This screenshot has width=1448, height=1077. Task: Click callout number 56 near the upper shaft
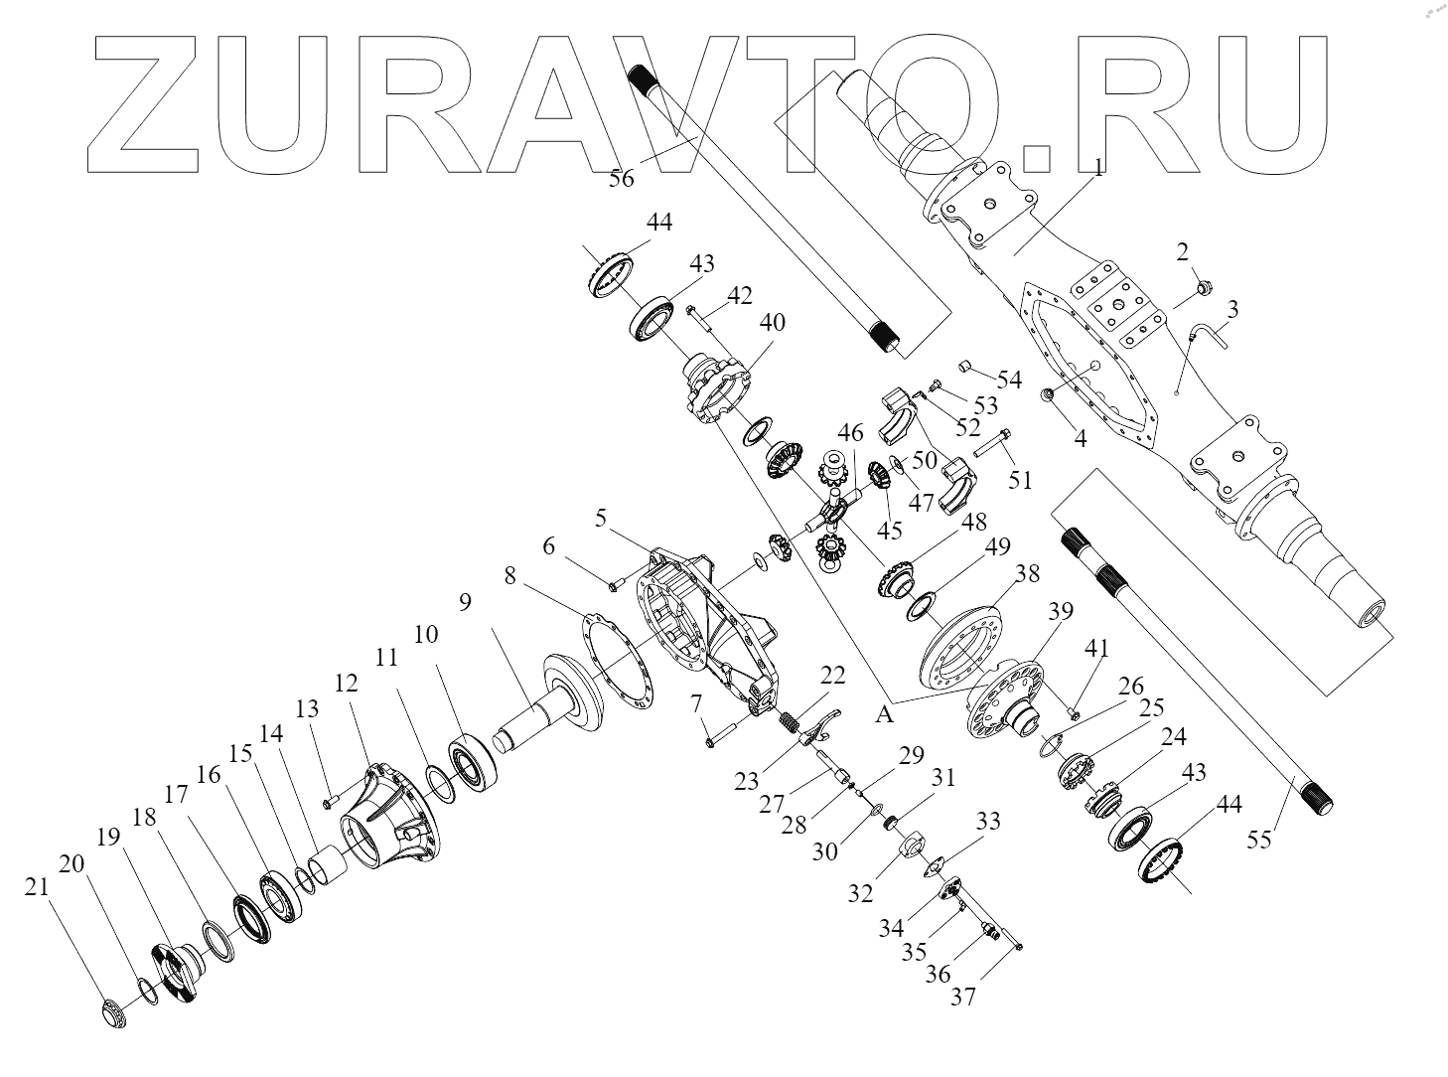[x=622, y=180]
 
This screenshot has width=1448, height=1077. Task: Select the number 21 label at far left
[x=37, y=889]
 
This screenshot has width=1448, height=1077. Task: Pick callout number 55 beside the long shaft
[x=1258, y=840]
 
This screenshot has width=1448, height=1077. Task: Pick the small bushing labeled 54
[x=962, y=370]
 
